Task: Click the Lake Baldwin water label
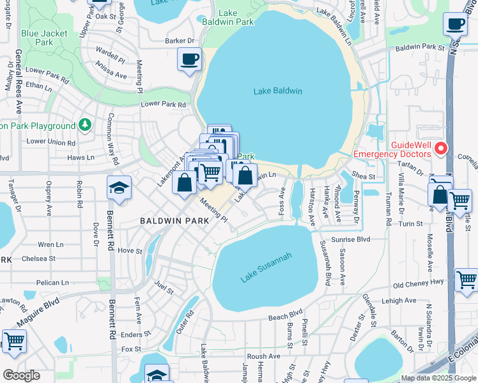(277, 91)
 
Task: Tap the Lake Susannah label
(266, 267)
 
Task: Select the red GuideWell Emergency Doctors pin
(440, 149)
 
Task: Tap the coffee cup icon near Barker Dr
(190, 60)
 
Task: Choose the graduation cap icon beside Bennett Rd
(119, 188)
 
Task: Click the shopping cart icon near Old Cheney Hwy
(467, 280)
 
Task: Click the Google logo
(21, 375)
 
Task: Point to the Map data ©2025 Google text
(438, 378)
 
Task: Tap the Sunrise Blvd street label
(355, 239)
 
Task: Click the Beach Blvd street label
(284, 315)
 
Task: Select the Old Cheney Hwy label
(418, 285)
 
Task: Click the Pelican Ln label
(52, 282)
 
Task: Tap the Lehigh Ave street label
(400, 300)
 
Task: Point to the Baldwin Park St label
(419, 47)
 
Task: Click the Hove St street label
(129, 252)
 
